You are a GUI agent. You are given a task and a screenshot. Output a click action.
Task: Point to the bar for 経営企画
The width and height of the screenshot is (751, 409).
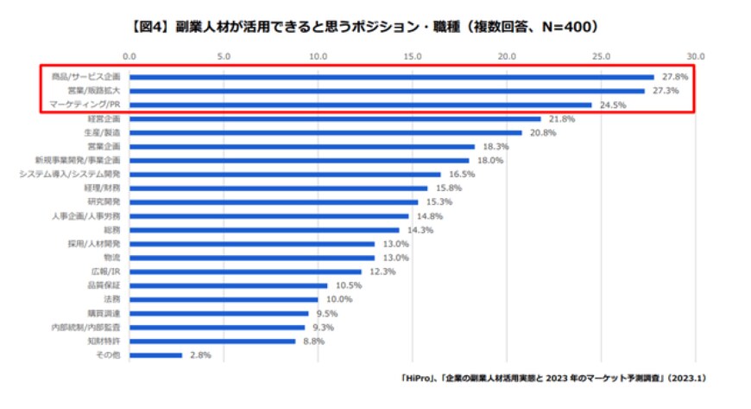click(335, 118)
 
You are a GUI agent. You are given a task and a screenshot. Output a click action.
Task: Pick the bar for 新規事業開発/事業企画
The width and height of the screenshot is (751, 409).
click(300, 160)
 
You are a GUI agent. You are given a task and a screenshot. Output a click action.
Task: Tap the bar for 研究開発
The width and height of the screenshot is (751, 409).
click(274, 202)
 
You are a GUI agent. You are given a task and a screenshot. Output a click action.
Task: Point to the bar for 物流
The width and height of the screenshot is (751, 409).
click(252, 258)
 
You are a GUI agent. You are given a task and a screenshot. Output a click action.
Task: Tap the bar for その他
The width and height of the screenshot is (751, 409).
click(155, 355)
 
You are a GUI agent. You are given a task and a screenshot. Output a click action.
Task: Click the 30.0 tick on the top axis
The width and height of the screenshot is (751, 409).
click(696, 55)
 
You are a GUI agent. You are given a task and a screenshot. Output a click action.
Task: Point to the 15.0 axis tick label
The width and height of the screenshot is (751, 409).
click(413, 55)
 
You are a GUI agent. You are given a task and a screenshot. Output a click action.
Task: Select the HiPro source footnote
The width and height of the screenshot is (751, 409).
click(552, 379)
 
